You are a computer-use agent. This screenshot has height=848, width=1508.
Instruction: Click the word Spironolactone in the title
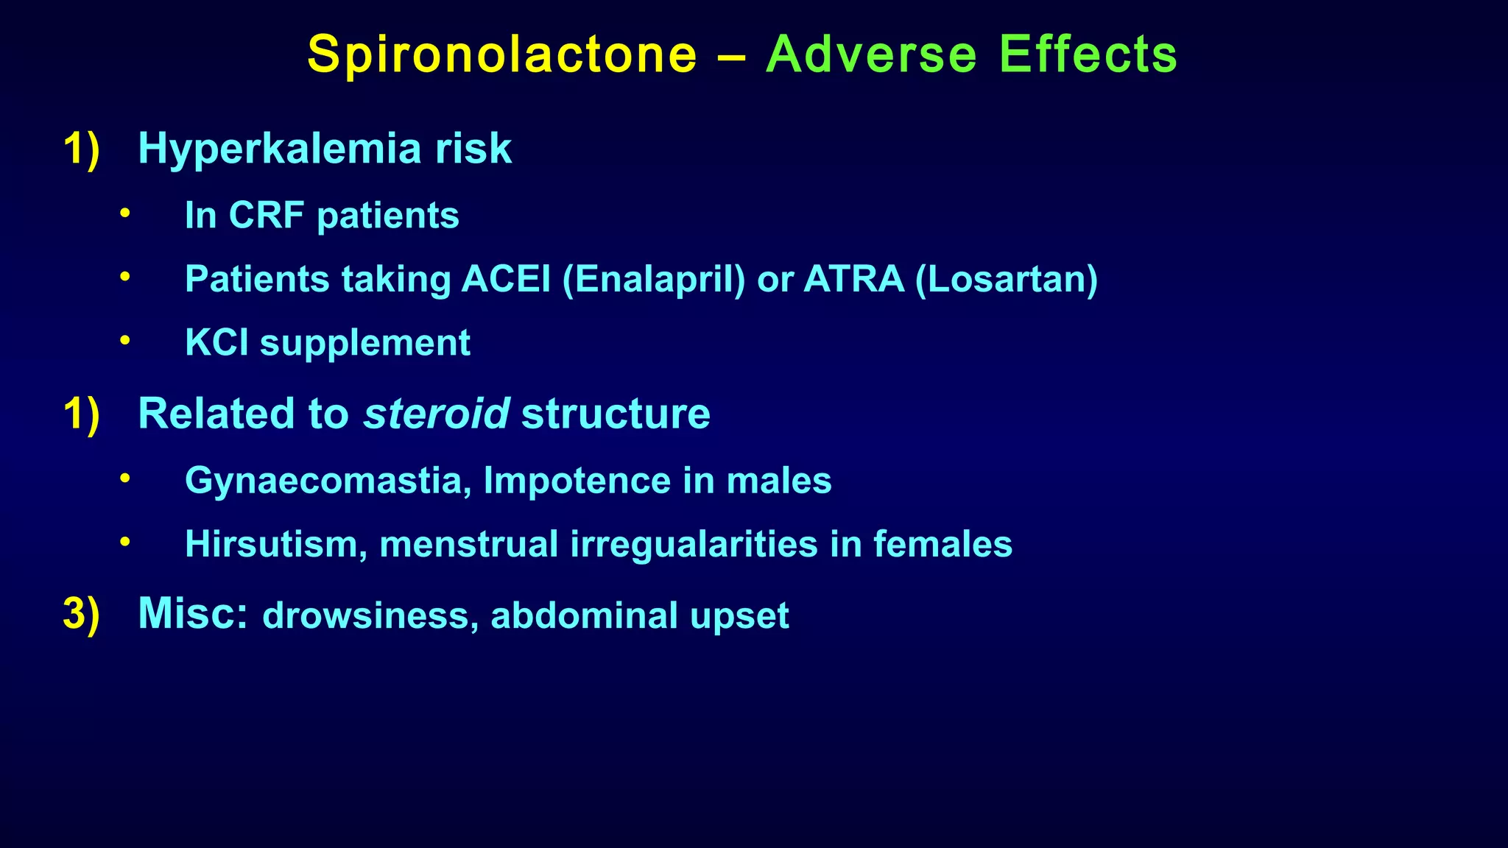502,55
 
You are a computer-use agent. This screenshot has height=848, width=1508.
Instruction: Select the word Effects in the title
1088,55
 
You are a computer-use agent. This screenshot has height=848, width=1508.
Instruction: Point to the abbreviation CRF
267,216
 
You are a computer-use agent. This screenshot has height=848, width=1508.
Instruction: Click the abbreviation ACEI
506,279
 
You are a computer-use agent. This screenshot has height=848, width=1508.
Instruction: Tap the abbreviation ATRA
854,279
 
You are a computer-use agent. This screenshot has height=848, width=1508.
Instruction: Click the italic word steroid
436,414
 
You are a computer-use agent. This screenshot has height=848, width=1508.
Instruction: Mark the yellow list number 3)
81,614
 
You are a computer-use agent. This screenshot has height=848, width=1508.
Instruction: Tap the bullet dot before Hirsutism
125,543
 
